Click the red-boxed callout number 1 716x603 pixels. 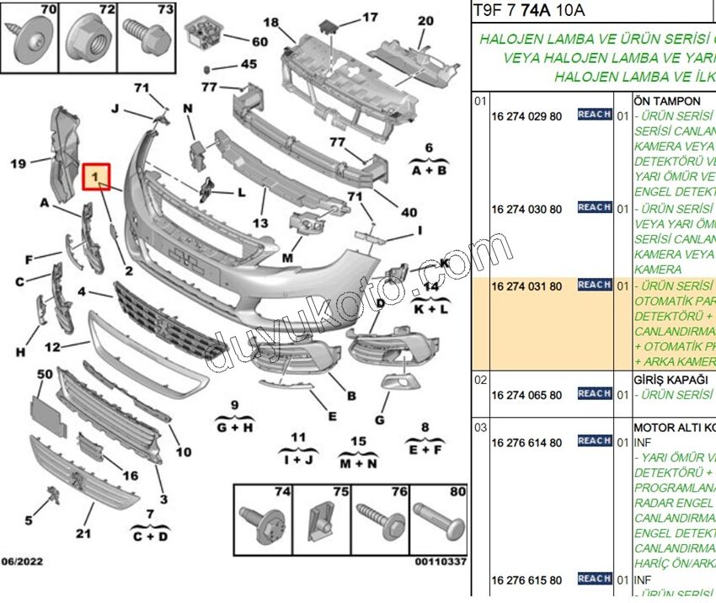coord(97,177)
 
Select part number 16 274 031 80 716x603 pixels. coord(526,286)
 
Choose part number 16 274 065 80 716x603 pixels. coord(526,395)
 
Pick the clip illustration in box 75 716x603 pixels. coord(318,520)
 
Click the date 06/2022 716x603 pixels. coord(22,562)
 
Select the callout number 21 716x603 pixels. coord(83,533)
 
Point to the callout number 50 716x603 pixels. coord(44,373)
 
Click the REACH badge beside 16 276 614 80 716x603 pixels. coord(594,440)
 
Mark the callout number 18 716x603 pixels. coord(270,22)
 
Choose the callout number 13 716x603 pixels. coord(260,223)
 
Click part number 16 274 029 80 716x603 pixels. coord(526,115)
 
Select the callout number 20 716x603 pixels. coord(425,21)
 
